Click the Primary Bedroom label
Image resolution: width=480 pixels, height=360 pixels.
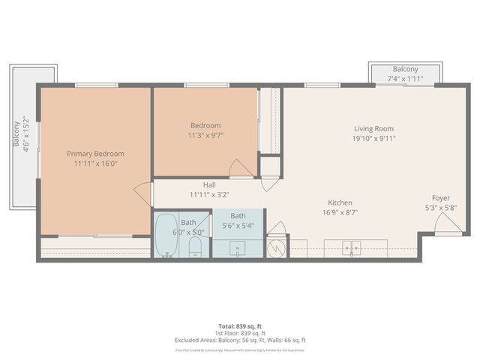[x=94, y=153]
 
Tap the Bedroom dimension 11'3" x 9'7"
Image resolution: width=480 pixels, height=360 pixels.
[x=205, y=136]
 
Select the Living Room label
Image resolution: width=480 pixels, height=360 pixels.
[x=373, y=128]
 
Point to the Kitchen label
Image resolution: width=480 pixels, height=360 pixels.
[x=340, y=202]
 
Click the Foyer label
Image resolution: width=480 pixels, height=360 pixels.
[x=441, y=198]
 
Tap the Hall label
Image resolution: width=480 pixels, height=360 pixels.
[x=210, y=184]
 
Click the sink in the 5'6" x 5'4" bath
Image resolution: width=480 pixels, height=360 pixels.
[x=238, y=248]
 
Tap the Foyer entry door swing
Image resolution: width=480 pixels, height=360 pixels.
[x=448, y=223]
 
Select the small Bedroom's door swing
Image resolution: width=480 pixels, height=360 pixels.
[x=240, y=169]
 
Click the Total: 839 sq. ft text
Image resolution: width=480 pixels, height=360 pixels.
[x=240, y=326]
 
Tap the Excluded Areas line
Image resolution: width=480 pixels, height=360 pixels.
[x=240, y=340]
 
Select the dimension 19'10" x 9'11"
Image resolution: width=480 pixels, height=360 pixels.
[x=373, y=138]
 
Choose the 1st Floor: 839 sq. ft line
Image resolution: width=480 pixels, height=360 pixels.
[x=240, y=333]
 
